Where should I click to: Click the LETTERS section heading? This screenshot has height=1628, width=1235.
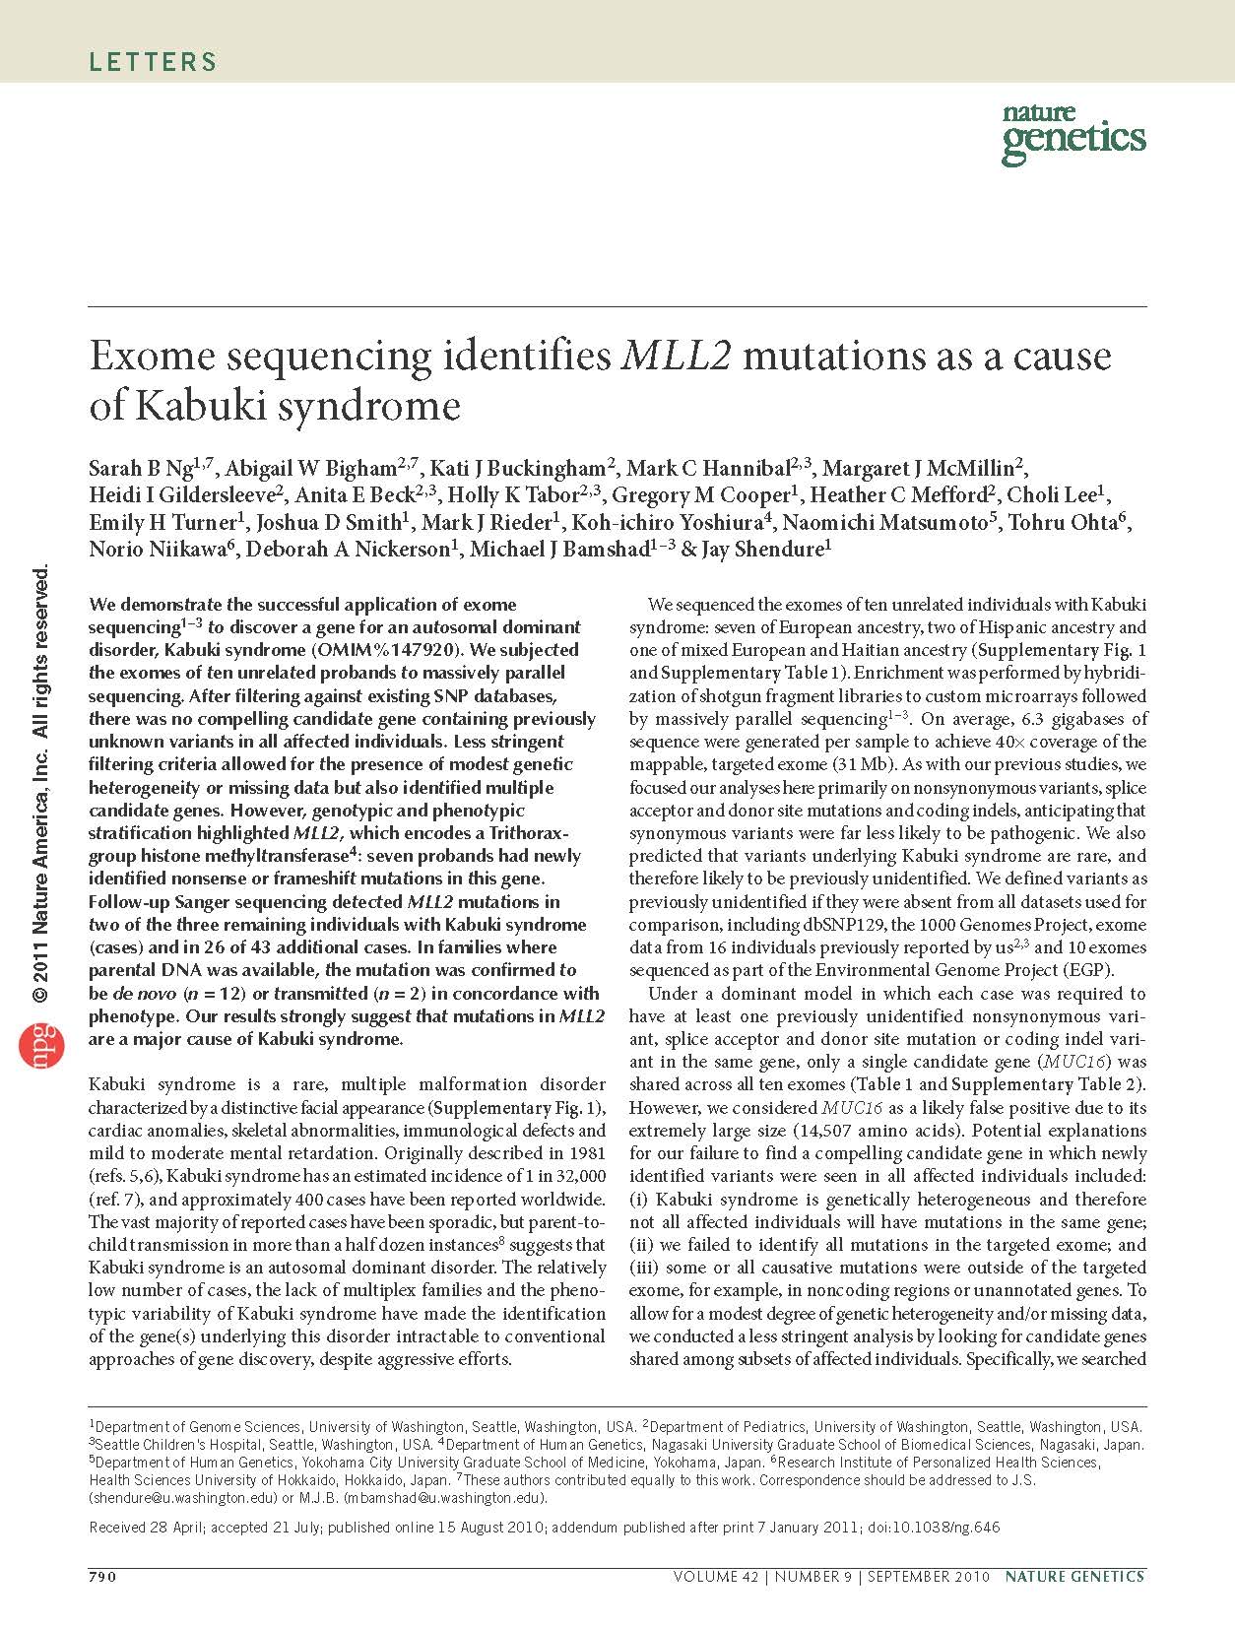(x=153, y=62)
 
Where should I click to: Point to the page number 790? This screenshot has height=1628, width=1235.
(x=103, y=1577)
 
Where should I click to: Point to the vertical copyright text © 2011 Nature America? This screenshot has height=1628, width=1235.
(x=41, y=867)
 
